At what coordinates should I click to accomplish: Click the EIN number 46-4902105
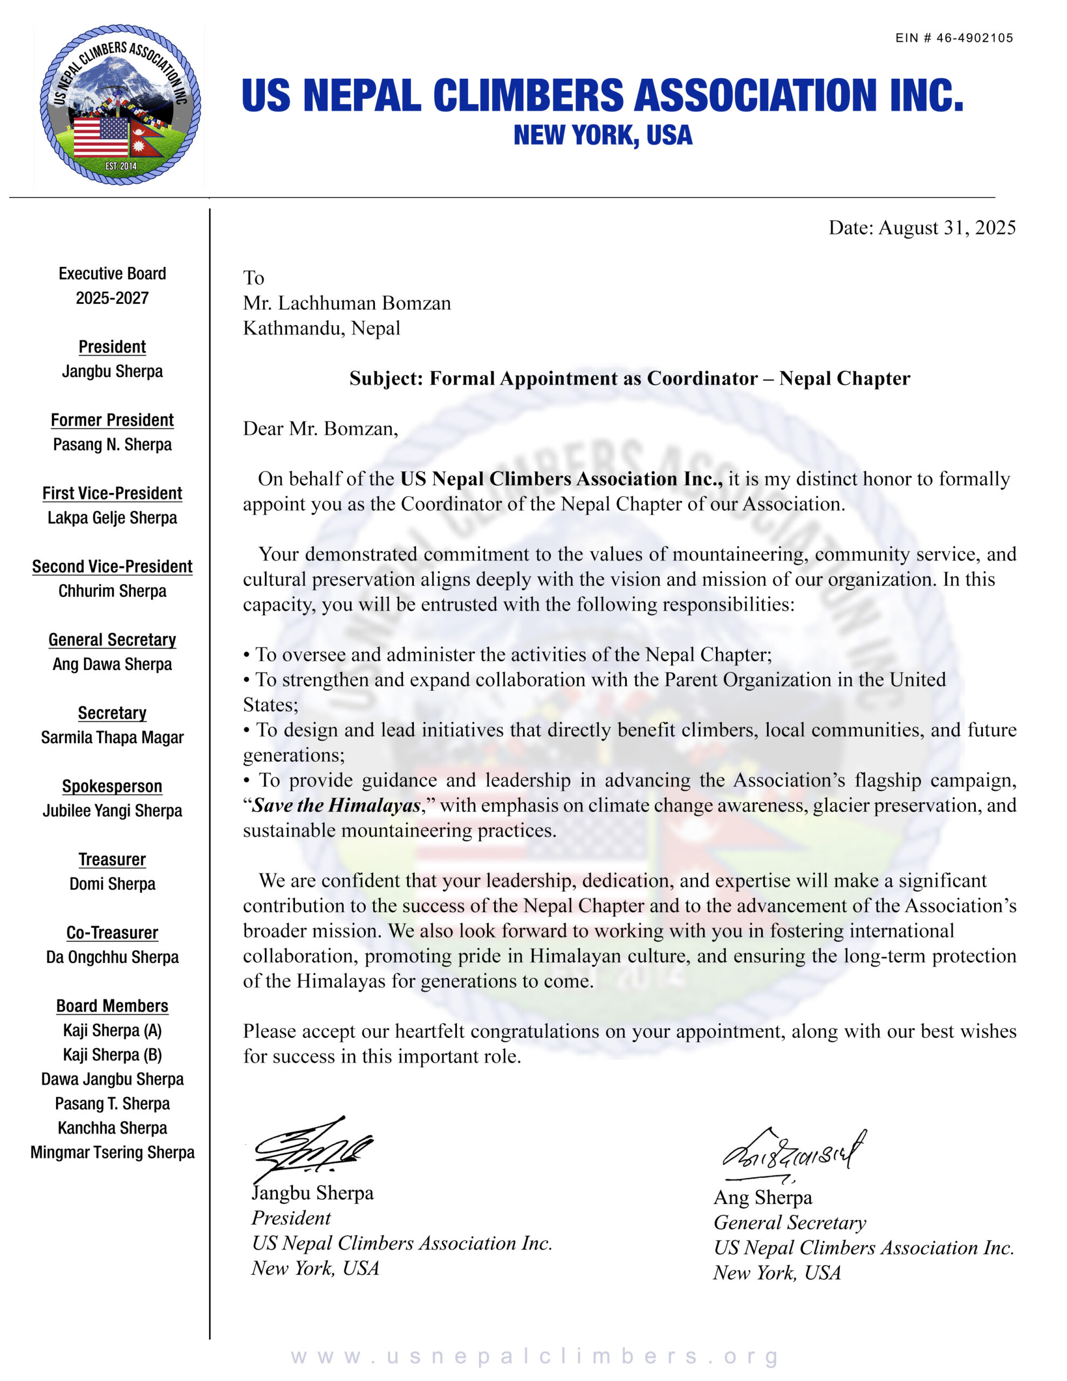[x=975, y=38]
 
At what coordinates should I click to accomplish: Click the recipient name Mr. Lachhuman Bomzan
[x=347, y=303]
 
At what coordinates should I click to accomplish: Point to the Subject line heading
[x=630, y=378]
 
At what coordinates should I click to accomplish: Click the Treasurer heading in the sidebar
[x=112, y=859]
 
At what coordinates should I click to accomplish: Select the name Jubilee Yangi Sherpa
[x=112, y=811]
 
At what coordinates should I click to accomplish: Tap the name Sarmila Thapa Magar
[x=112, y=737]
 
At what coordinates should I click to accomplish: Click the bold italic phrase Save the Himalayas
[x=337, y=805]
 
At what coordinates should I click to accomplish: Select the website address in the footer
[x=535, y=1356]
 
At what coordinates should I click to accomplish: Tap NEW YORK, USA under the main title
[x=603, y=135]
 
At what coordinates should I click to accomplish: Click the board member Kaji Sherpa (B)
[x=112, y=1055]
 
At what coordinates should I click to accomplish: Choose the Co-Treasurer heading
[x=112, y=933]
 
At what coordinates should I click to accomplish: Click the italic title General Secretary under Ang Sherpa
[x=789, y=1222]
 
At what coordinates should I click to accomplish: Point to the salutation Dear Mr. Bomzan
[x=320, y=429]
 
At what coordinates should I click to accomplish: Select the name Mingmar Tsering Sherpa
[x=112, y=1152]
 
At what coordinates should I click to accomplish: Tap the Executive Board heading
[x=112, y=274]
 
